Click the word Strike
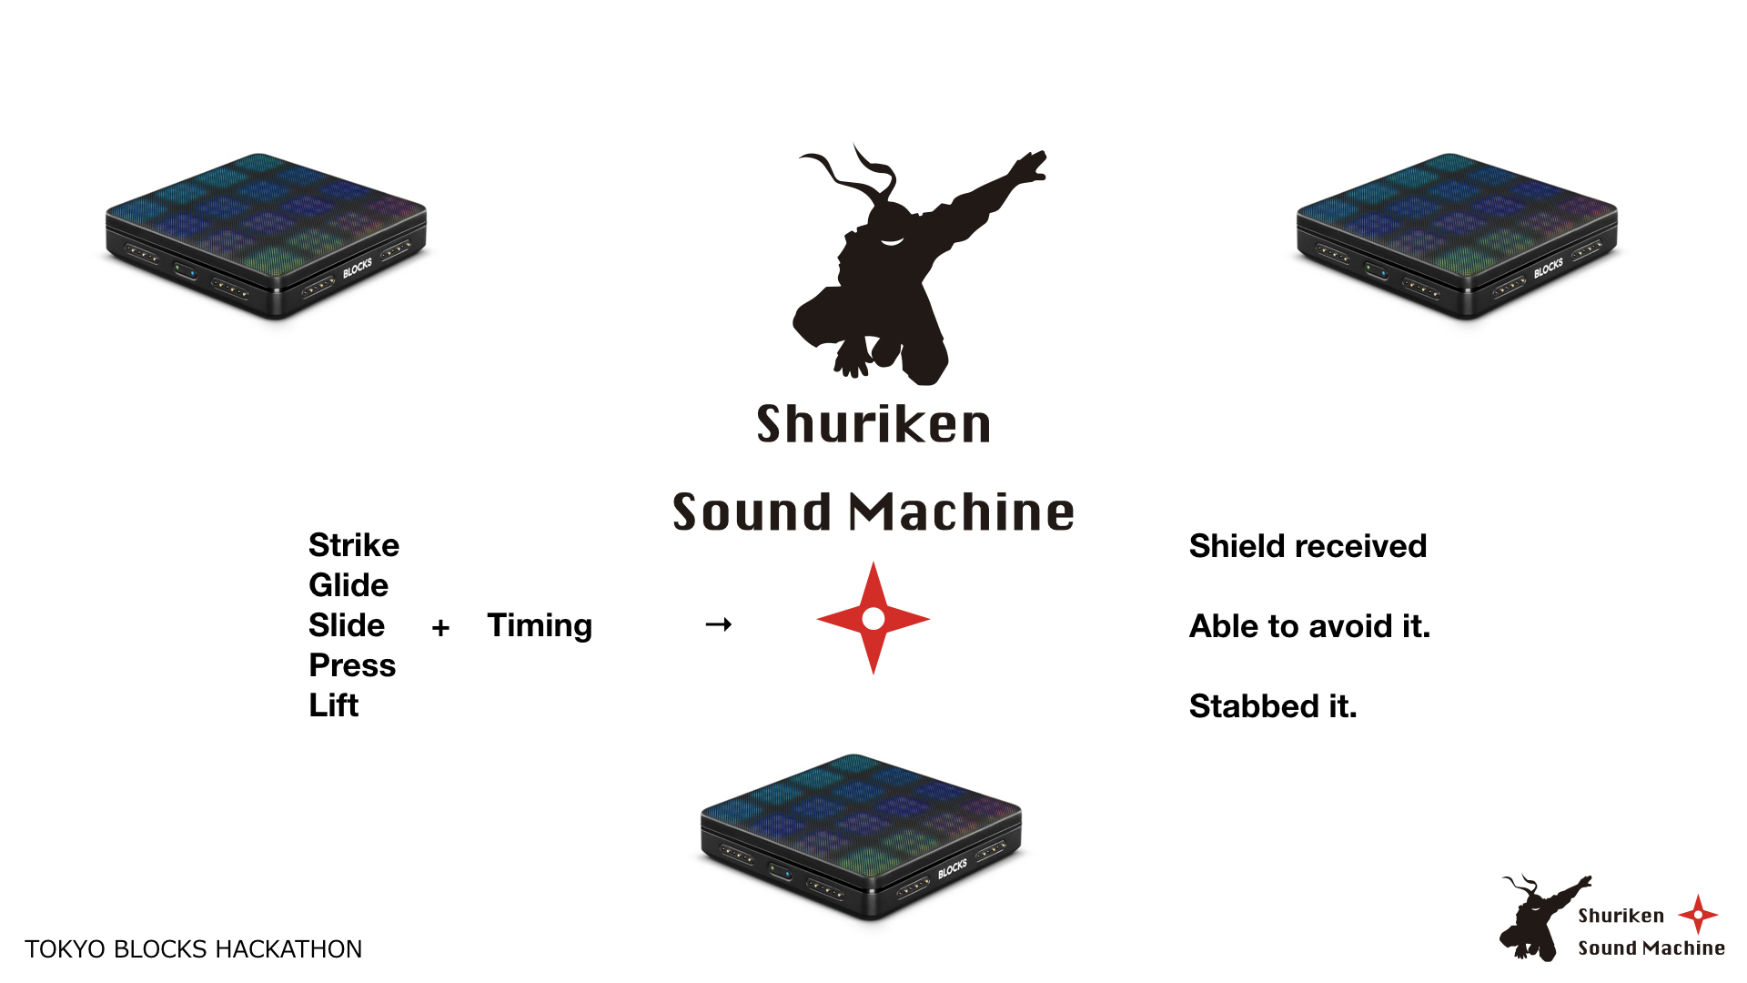pos(354,545)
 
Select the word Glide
pos(348,585)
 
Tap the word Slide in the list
pos(347,625)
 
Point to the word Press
pos(352,665)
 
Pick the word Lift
pos(334,705)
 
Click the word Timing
pos(540,625)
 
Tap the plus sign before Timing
pos(441,627)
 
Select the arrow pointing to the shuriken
pos(719,624)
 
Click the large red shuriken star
pos(873,619)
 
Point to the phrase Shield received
pos(1308,546)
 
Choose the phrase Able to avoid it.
pos(1309,626)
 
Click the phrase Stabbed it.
pos(1273,706)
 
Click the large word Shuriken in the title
pos(873,424)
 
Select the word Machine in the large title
pos(962,512)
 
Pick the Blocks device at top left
pos(266,235)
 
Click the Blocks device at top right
pos(1457,235)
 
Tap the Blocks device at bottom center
pos(861,836)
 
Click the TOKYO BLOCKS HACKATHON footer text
pos(193,949)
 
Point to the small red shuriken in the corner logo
pos(1698,914)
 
